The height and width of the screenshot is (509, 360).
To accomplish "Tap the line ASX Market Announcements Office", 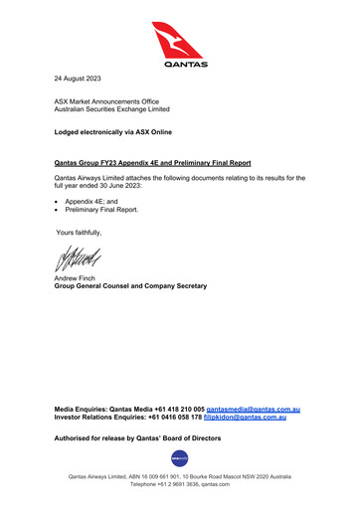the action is click(x=103, y=102).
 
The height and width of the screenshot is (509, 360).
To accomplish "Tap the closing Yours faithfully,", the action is click(x=79, y=232).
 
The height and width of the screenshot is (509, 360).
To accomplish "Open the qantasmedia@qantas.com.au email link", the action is click(x=254, y=410).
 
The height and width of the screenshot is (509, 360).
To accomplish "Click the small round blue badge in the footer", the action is click(x=180, y=457).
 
